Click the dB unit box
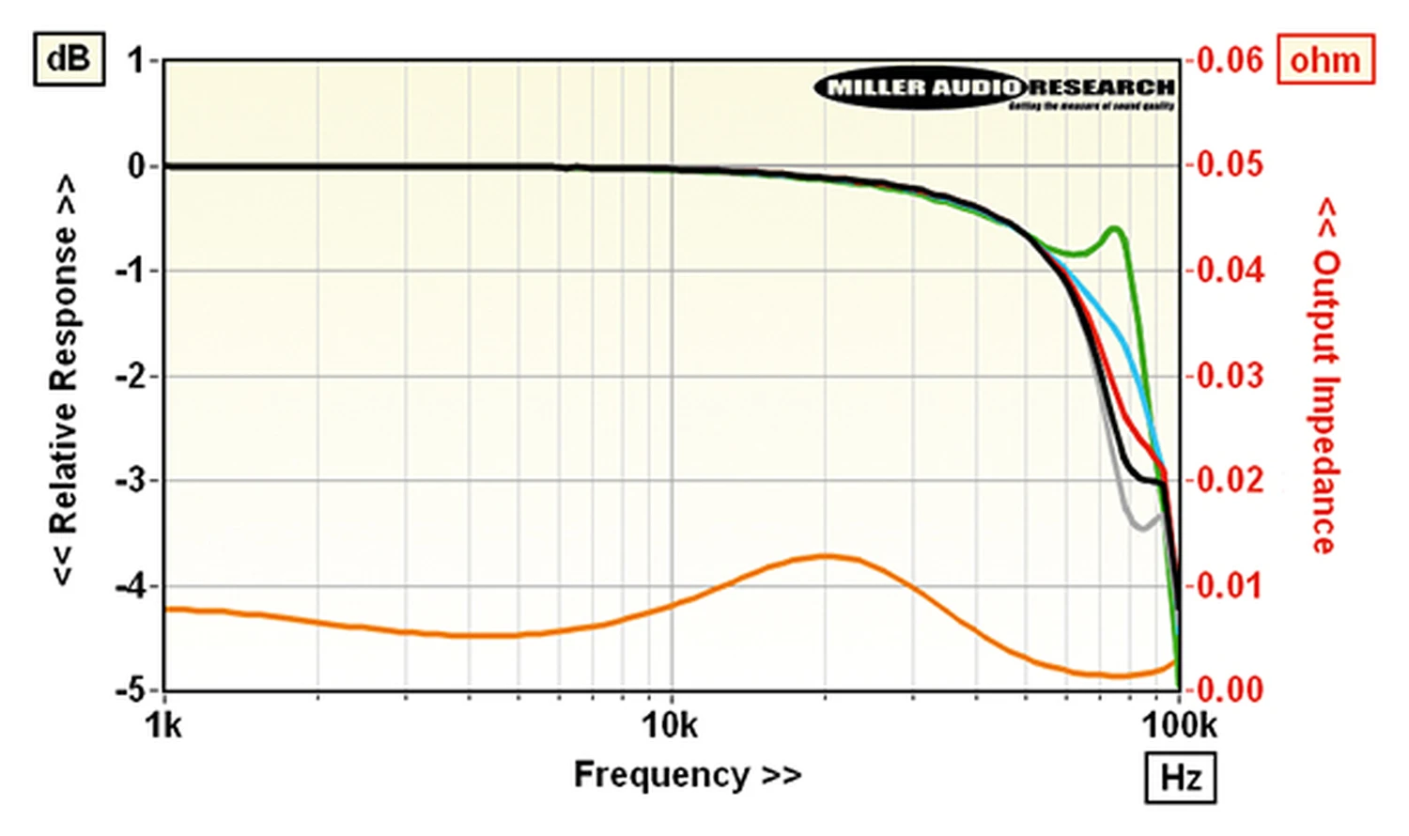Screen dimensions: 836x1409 coord(69,59)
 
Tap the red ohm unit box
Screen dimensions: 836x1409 coord(1324,59)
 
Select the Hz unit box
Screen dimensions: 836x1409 coord(1180,778)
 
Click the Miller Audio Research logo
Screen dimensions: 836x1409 coord(995,89)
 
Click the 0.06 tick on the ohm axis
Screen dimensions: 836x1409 coord(1230,61)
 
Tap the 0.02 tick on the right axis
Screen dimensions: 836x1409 coord(1230,480)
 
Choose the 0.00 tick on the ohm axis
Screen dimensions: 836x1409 coord(1230,690)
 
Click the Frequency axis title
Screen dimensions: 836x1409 coord(688,775)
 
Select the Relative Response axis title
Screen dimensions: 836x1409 coord(64,380)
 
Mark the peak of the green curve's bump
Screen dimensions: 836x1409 coord(1115,228)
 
